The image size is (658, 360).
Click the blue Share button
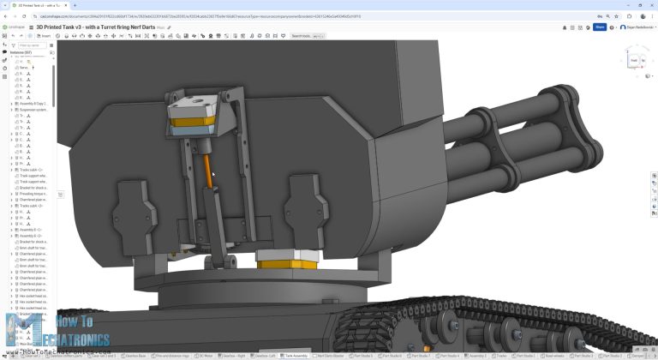pyautogui.click(x=600, y=27)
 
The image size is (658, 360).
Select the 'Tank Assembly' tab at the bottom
pyautogui.click(x=295, y=355)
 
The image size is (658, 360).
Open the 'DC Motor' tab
pyautogui.click(x=206, y=355)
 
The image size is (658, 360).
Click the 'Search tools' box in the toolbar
pyautogui.click(x=307, y=36)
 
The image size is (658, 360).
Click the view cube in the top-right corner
pyautogui.click(x=634, y=61)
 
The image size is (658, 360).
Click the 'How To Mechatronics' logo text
pyautogui.click(x=81, y=327)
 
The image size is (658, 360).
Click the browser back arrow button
pyautogui.click(x=6, y=15)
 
